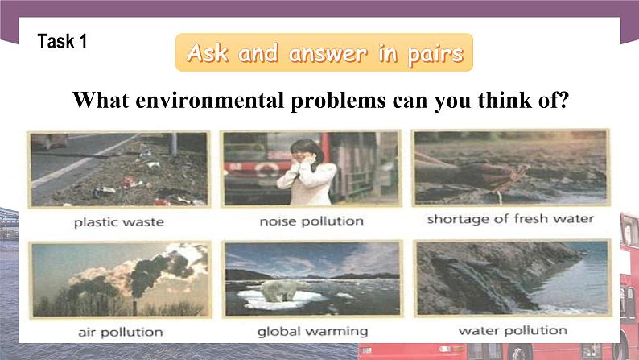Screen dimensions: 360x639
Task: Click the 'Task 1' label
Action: click(62, 42)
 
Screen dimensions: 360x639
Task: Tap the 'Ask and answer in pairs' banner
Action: click(324, 54)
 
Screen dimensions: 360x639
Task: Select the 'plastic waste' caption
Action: click(118, 221)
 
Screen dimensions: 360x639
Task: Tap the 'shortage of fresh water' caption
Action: click(510, 219)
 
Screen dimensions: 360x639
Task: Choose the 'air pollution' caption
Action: click(121, 331)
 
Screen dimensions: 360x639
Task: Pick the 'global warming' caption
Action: click(312, 331)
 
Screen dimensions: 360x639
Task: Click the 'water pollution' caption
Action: click(512, 330)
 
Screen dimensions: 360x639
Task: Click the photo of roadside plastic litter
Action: click(118, 168)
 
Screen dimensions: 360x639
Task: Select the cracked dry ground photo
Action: click(510, 167)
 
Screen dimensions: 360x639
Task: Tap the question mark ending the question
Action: click(565, 101)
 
